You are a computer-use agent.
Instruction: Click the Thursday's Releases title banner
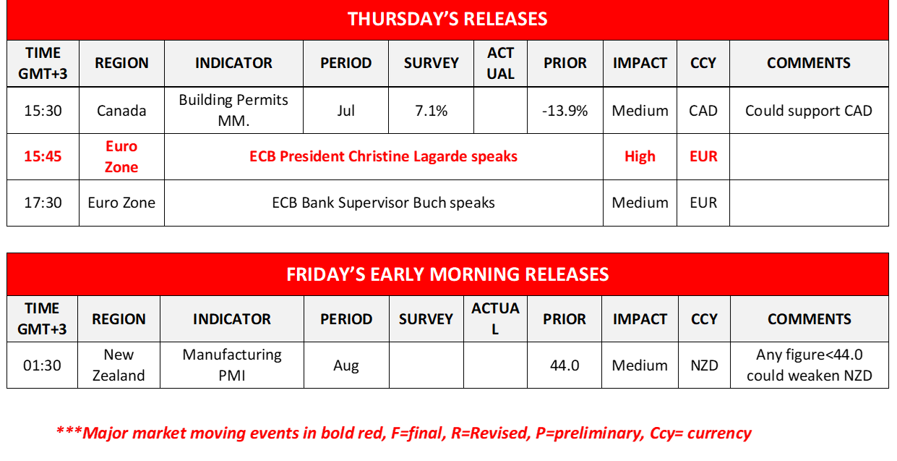[447, 19]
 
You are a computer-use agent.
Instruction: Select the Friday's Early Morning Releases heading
[447, 274]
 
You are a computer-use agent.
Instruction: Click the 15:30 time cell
[43, 111]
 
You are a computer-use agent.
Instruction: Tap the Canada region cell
[121, 111]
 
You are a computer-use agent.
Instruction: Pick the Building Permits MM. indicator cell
[233, 110]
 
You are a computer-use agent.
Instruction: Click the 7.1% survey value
[431, 111]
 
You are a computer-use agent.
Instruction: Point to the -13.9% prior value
[565, 111]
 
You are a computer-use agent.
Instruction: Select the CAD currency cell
[703, 111]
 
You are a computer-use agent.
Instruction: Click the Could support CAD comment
[809, 111]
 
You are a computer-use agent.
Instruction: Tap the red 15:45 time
[43, 156]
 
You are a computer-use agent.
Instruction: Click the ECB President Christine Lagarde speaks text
[383, 156]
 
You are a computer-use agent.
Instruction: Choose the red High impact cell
[640, 156]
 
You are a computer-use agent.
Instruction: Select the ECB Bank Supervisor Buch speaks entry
[383, 203]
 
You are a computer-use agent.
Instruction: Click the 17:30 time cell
[43, 203]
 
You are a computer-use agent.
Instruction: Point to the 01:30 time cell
[43, 365]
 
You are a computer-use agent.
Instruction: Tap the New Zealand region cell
[119, 365]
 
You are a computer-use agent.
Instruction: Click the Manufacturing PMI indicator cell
[231, 365]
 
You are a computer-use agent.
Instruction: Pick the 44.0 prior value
[565, 365]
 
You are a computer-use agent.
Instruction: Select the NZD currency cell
[704, 365]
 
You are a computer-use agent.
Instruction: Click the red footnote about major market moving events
[404, 433]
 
